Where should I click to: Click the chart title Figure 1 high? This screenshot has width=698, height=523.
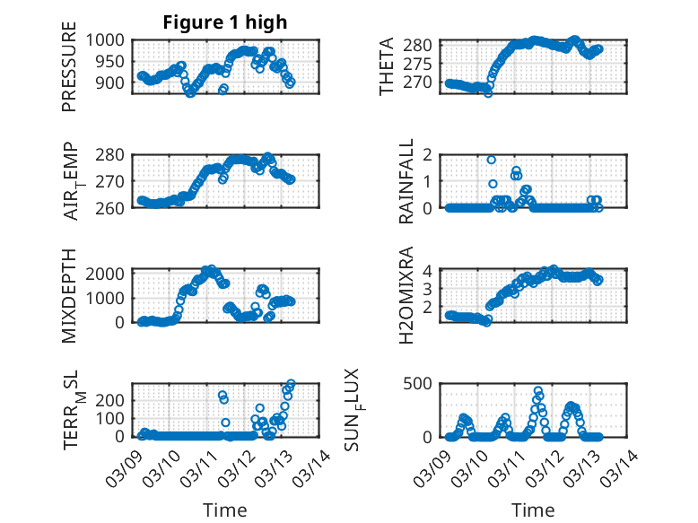225,22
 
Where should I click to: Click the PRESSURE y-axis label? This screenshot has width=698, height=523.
69,73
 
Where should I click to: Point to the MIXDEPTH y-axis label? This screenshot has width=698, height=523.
69,294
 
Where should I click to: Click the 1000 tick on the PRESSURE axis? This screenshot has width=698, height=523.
108,40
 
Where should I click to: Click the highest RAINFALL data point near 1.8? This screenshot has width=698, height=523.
492,160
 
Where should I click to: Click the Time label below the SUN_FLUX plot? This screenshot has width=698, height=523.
533,510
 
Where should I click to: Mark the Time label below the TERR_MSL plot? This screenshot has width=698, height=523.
225,510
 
